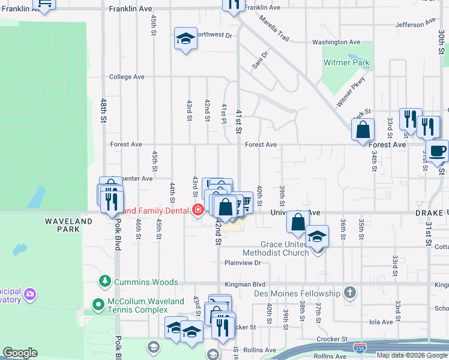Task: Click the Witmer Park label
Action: (346, 62)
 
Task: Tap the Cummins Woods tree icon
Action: (105, 281)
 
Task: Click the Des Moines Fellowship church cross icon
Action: (351, 293)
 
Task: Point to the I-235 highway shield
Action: (360, 348)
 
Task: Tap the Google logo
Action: (20, 353)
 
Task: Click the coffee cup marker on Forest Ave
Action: (437, 151)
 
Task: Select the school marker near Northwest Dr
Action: (185, 39)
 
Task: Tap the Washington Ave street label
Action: (336, 43)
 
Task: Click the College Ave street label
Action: (127, 77)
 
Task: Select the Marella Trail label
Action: (274, 28)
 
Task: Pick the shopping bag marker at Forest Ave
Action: (363, 130)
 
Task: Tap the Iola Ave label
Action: (381, 322)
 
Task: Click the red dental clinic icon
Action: (197, 210)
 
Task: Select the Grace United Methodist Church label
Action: (285, 248)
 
